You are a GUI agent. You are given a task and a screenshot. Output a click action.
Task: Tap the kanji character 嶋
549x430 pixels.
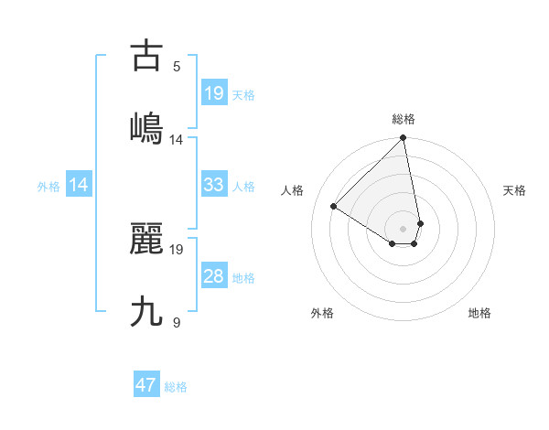click(x=146, y=128)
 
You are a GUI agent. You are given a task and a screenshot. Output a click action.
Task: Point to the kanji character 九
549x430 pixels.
click(x=146, y=312)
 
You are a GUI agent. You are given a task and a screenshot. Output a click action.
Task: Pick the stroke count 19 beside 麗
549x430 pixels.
click(x=177, y=249)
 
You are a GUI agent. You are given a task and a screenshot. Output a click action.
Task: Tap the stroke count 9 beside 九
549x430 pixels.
click(x=177, y=322)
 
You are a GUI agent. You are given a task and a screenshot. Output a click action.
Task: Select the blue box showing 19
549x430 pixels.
click(x=213, y=93)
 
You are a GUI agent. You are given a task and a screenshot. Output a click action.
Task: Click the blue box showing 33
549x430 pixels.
click(x=213, y=185)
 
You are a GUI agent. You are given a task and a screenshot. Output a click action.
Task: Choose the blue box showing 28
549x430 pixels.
click(x=213, y=276)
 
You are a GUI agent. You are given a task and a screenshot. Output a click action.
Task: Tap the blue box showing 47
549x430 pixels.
click(x=146, y=385)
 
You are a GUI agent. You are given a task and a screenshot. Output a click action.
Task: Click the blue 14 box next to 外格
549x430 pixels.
click(x=79, y=185)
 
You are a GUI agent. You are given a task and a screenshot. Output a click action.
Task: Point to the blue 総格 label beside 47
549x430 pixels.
click(x=176, y=387)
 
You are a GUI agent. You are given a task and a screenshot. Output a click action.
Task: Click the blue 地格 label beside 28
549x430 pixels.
click(x=243, y=278)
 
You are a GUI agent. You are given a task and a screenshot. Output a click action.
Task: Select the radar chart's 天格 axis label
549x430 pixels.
click(x=514, y=190)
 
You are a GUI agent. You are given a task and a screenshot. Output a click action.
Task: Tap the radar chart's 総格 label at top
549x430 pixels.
click(x=404, y=119)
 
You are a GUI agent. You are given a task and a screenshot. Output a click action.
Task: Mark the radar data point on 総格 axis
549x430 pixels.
click(x=404, y=138)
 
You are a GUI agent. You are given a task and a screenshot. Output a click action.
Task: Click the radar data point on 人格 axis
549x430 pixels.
click(x=334, y=207)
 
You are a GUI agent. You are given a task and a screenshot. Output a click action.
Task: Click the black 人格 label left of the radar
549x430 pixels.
click(x=293, y=190)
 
